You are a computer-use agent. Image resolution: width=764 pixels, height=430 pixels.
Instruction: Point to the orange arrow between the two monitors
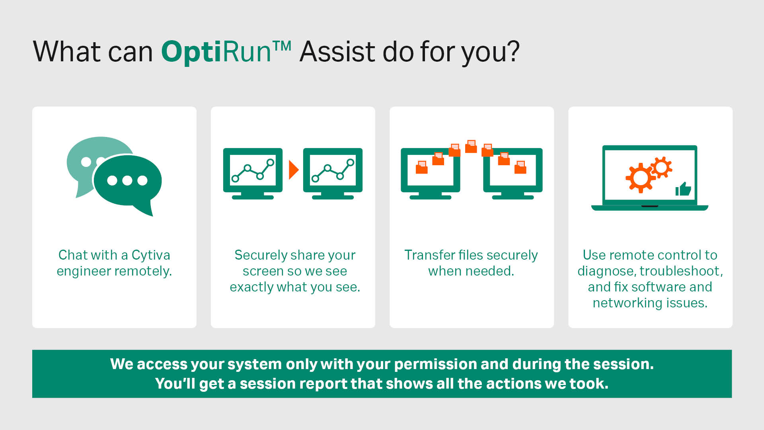pyautogui.click(x=294, y=170)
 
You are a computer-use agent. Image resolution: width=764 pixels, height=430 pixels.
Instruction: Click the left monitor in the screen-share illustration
pyautogui.click(x=253, y=174)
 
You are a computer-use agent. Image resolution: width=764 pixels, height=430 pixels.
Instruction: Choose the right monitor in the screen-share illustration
pyautogui.click(x=333, y=174)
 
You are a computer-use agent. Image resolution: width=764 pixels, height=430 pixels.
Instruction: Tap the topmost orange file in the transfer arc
pyautogui.click(x=471, y=146)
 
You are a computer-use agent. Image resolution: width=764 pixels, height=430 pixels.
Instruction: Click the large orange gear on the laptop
pyautogui.click(x=640, y=178)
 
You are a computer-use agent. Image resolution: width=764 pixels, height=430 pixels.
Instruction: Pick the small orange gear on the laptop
pyautogui.click(x=662, y=167)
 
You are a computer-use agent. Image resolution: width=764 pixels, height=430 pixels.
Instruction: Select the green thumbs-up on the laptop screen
pyautogui.click(x=683, y=189)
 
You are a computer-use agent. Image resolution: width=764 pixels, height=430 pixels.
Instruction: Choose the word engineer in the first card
pyautogui.click(x=84, y=272)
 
